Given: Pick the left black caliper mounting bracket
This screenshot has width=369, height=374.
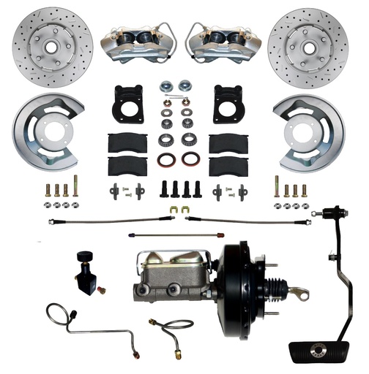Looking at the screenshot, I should tap(128, 105).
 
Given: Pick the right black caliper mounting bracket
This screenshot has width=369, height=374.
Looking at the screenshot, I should tap(228, 105).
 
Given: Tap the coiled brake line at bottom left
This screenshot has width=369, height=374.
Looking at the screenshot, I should tap(84, 322).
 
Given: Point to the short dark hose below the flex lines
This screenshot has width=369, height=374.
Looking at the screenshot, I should tap(154, 235).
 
